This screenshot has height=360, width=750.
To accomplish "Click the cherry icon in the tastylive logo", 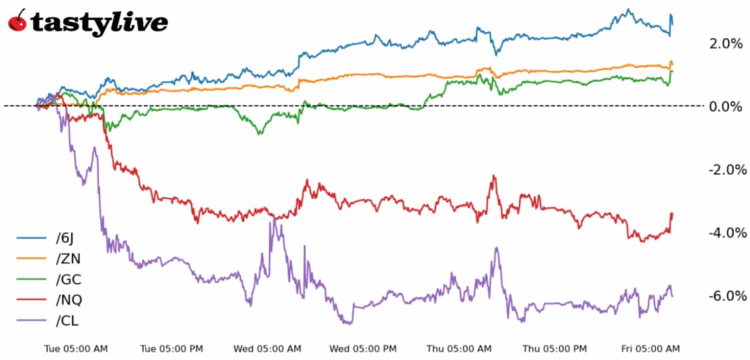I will (18, 21).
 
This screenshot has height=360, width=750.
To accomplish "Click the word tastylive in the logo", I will (99, 23).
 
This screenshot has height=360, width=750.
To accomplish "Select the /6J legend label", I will (66, 238).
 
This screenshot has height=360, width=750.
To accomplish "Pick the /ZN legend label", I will (68, 259).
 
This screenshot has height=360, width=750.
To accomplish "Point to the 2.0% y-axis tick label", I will (726, 44).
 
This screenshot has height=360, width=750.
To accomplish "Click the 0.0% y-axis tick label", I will (726, 107).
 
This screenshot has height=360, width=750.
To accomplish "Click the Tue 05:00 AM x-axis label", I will (75, 349).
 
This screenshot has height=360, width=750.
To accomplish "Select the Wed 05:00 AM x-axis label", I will (267, 349).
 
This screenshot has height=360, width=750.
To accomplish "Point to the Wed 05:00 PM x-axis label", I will (363, 349).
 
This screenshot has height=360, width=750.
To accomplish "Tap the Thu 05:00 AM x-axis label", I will (459, 349).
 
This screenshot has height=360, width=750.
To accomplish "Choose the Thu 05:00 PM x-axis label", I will (554, 349).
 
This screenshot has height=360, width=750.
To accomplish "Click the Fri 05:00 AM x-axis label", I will (650, 349).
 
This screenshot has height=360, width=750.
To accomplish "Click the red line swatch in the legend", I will (30, 300).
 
